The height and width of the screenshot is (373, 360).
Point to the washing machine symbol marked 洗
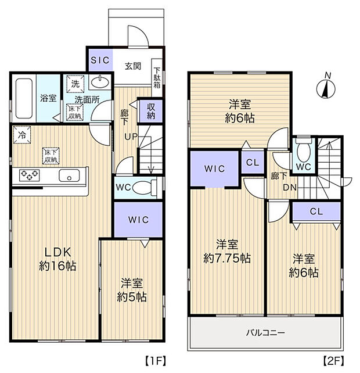74,83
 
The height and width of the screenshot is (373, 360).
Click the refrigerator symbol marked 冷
20,133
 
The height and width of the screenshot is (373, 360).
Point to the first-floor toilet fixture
149,188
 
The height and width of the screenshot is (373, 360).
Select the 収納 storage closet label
151,110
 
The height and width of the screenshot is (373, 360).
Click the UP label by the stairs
130,137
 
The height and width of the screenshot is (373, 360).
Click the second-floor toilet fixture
303,152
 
